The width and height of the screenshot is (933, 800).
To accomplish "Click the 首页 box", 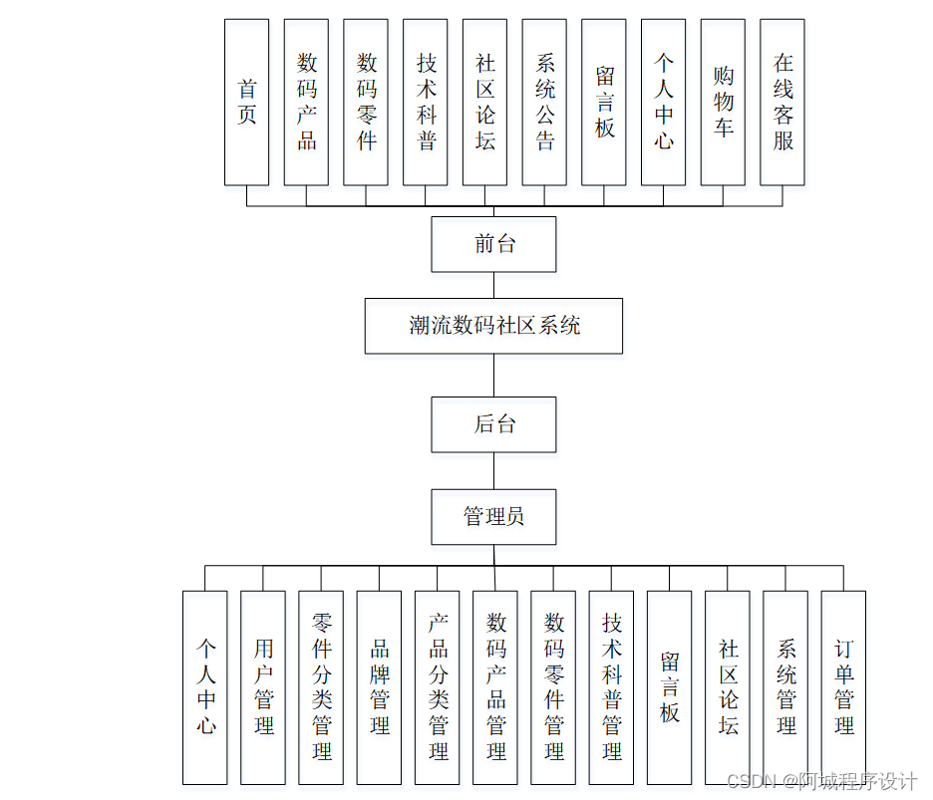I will tap(246, 102).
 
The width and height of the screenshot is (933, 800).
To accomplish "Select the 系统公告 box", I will tap(544, 102).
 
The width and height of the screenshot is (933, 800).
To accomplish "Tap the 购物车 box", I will tap(723, 102).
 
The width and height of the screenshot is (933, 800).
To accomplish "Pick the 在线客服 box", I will tap(782, 102).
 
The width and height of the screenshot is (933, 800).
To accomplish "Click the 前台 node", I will tap(493, 244).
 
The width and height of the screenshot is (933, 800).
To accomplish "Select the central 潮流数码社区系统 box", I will tap(493, 326).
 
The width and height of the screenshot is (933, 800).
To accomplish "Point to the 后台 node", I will tap(493, 424).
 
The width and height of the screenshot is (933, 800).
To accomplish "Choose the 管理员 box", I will tap(493, 516).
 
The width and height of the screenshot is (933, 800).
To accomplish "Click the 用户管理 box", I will tap(263, 687).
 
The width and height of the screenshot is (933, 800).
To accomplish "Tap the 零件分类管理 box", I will tap(321, 687).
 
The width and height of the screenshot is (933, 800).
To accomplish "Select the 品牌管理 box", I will tap(379, 687).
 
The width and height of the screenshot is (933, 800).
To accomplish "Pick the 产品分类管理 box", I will tap(438, 687).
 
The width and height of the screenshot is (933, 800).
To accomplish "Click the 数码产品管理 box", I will tap(495, 687).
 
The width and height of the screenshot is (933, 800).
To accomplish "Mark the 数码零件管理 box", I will tap(553, 687).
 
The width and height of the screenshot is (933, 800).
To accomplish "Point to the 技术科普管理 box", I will tap(611, 687).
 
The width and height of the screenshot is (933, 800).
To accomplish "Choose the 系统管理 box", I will tap(785, 687).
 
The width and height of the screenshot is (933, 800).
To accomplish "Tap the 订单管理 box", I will tap(843, 687).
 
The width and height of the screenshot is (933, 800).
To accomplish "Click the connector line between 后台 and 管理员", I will tap(493, 470).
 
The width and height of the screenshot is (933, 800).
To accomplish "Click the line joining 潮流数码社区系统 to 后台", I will tap(493, 376).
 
